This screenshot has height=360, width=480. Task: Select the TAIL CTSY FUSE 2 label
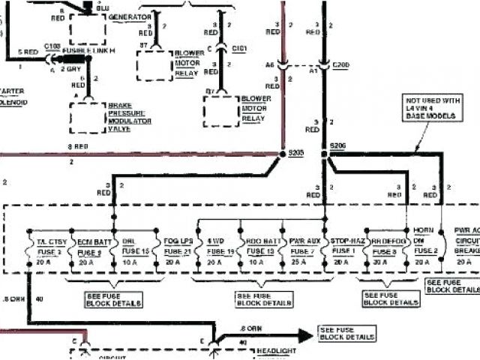48,247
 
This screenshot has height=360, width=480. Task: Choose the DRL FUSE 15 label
133,247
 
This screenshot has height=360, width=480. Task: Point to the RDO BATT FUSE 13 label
262,247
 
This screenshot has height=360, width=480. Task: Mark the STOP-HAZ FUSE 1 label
346,247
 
